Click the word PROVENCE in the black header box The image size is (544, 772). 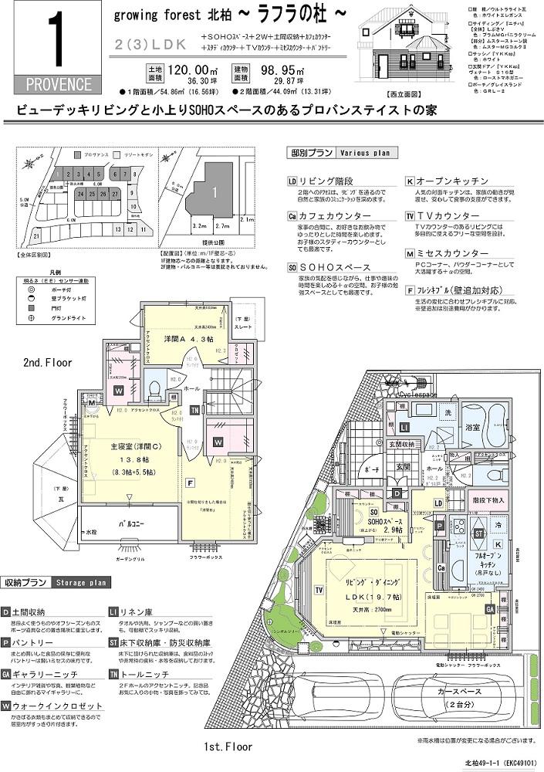pos(51,83)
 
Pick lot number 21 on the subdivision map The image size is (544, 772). pos(36,236)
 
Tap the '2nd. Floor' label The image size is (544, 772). pos(47,362)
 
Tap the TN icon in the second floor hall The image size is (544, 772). pos(195,409)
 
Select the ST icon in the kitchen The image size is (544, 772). pos(478,532)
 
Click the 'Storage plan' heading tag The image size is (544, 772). pos(81,581)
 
